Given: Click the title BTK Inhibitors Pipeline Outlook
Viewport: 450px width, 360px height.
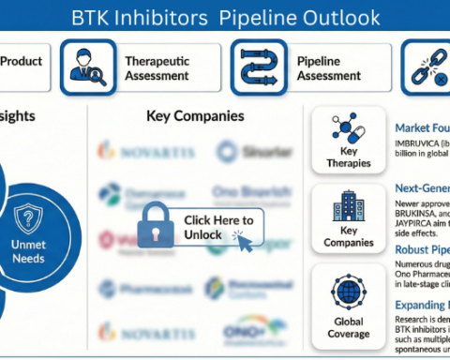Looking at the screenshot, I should point(226,18).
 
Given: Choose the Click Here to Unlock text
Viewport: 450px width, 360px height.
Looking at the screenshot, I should point(217,227).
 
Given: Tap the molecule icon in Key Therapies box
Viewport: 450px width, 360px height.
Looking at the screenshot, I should point(349,132).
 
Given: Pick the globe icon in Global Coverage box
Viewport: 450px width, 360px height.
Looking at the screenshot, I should point(349,287).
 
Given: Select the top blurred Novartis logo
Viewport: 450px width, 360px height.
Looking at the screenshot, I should point(140,150).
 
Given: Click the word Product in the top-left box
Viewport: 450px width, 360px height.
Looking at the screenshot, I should point(21,62).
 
